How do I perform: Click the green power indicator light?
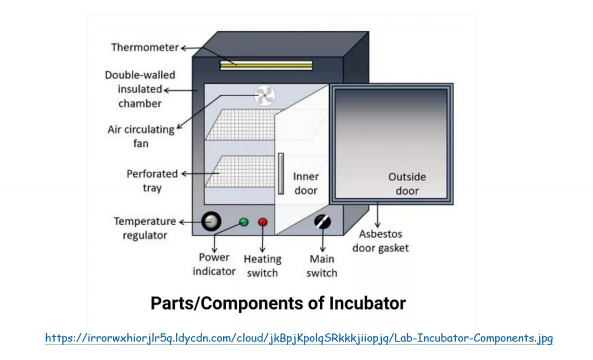[243, 222]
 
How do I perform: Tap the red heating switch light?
[263, 222]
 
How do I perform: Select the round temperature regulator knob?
[211, 222]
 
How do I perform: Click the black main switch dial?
[323, 222]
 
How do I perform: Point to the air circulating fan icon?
[264, 95]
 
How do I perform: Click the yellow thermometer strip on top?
[266, 65]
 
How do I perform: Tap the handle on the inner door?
[281, 173]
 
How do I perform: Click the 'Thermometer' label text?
[145, 48]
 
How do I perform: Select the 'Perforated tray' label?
[152, 181]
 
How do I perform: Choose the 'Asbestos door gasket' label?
[380, 241]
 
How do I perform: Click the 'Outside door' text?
[407, 184]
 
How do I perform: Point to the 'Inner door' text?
[306, 184]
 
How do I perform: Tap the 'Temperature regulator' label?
[145, 228]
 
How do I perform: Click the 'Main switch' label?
[321, 266]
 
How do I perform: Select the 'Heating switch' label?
[262, 266]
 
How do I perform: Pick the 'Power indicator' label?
[214, 264]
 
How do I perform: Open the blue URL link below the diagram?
[299, 339]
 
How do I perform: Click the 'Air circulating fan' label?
[140, 136]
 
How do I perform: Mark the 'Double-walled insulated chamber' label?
[140, 89]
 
